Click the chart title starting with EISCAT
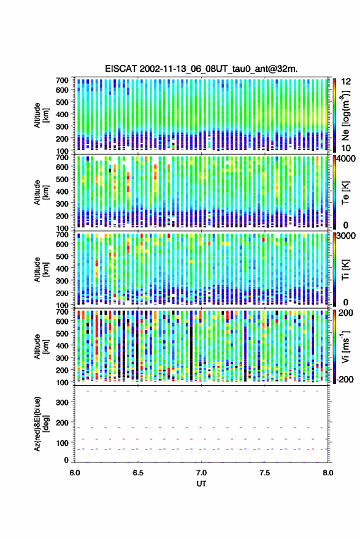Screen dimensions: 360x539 202,69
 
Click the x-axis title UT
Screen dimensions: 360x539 202,484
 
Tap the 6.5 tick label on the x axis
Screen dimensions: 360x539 138,473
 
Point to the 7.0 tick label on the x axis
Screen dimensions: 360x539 202,473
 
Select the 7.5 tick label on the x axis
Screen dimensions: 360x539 265,473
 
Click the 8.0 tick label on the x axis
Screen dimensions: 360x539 328,473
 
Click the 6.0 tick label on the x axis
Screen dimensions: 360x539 75,473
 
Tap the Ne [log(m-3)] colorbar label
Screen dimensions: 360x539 345,116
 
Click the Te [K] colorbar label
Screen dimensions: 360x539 345,193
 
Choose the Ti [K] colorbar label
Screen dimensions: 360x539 345,270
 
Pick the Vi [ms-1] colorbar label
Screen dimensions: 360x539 345,347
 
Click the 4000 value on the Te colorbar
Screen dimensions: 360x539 347,159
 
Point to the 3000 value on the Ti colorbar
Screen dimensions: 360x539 347,236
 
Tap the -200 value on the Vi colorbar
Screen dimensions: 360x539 345,379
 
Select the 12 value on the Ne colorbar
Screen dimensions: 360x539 346,82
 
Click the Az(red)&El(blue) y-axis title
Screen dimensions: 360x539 41,424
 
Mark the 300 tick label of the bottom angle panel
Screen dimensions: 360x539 62,402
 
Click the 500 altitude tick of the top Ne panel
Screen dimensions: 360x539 62,102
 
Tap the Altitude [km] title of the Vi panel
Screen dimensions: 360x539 41,346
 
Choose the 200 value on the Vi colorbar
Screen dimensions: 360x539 345,313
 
